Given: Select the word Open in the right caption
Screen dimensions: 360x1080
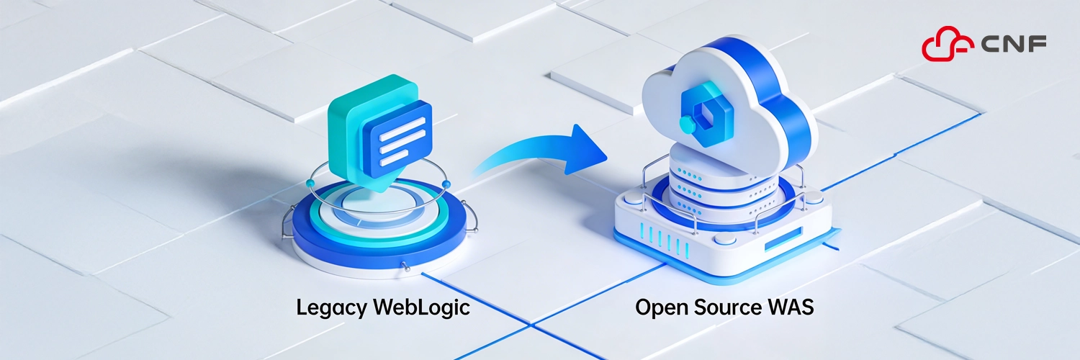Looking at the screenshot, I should coord(660,309).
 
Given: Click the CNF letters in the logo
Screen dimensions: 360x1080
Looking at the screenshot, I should coord(1014,45).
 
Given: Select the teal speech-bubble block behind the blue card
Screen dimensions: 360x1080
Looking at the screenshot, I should coord(353,115).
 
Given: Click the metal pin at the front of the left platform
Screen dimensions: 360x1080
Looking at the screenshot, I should coord(407,268).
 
